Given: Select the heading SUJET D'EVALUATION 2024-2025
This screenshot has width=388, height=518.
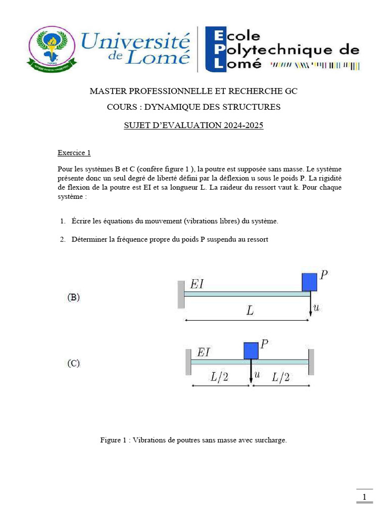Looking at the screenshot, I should [193, 126].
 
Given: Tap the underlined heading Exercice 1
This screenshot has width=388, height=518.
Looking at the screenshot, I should [74, 152].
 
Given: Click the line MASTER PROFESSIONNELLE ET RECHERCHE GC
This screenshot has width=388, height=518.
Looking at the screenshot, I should [193, 91].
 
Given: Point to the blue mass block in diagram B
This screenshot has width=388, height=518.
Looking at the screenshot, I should [309, 282].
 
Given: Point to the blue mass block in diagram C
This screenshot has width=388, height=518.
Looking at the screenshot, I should [251, 350].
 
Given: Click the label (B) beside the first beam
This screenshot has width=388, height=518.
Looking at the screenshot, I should [74, 298].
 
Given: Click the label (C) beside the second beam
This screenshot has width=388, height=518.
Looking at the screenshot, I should [74, 363].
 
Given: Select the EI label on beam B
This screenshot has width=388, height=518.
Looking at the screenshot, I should [197, 284].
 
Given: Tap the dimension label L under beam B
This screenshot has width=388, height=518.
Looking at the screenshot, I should [250, 311].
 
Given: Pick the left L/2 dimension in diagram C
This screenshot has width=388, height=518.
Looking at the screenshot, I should [220, 376].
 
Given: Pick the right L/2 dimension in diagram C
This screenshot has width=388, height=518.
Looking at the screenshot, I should [280, 376].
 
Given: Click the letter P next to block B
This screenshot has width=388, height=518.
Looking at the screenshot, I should [324, 275].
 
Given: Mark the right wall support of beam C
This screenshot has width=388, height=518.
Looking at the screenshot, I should [311, 361].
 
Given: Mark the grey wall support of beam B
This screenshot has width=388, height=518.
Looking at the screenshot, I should [181, 294].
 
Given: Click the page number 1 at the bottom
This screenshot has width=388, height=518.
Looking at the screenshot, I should [364, 497].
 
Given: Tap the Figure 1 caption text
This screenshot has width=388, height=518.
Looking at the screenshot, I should [193, 440].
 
